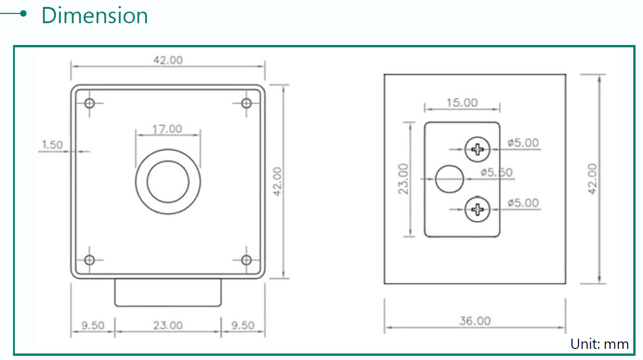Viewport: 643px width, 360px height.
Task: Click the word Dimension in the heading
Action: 95,15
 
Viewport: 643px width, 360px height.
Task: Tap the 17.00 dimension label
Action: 167,129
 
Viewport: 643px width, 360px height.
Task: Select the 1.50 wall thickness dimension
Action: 52,144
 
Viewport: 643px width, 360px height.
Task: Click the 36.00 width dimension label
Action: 475,321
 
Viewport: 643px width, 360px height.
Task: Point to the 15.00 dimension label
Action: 462,103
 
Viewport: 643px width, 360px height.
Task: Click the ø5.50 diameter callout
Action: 496,173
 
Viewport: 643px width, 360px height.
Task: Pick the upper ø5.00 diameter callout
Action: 523,143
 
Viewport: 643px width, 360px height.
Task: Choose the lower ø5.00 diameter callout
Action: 523,203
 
